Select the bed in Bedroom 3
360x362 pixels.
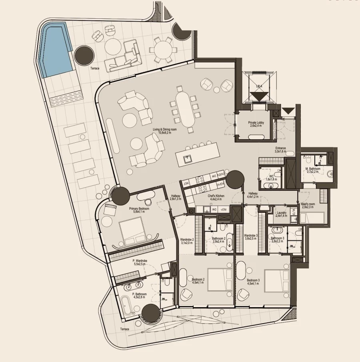pos(276,280)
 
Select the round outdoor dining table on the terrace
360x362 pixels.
pos(161,50)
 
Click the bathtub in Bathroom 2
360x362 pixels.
pos(229,242)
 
